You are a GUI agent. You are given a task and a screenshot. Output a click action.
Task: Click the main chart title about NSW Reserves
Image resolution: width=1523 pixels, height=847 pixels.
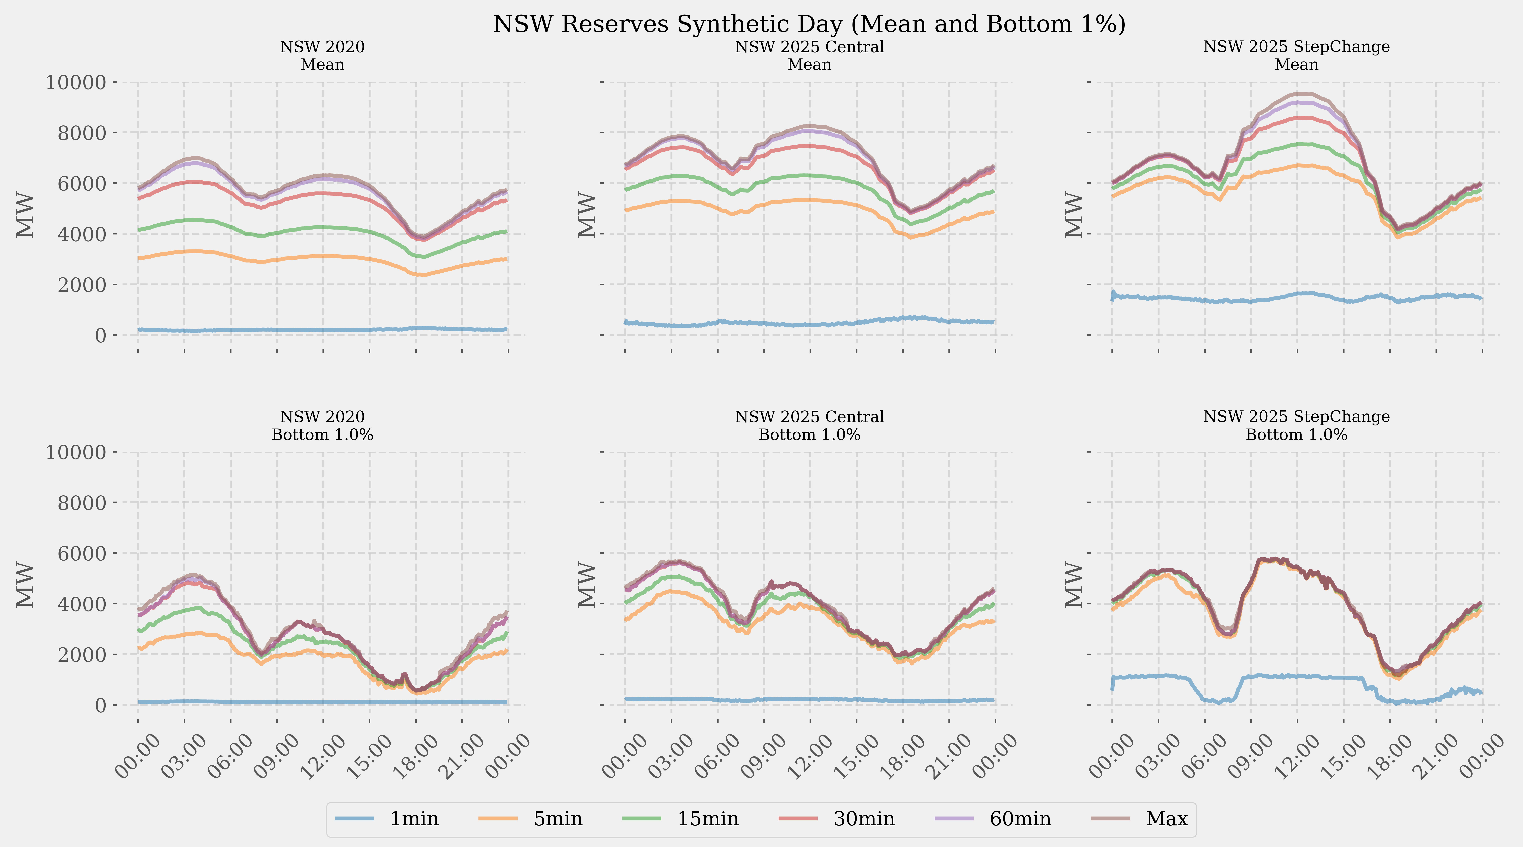[809, 24]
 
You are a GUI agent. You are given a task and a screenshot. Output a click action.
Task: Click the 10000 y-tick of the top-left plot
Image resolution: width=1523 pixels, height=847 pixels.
[76, 82]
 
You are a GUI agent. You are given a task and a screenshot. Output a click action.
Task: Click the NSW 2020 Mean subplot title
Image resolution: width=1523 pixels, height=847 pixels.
[322, 56]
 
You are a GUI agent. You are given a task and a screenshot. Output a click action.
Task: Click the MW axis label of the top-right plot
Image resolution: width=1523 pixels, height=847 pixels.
[1073, 215]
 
